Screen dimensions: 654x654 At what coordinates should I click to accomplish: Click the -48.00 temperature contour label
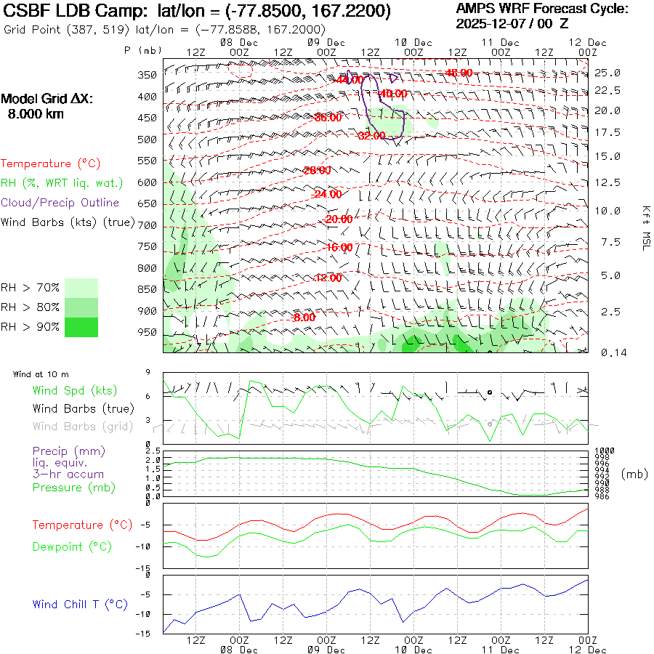click(x=459, y=73)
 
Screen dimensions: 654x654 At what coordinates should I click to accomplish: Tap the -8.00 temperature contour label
click(x=304, y=318)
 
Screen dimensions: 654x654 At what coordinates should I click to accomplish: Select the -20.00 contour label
click(x=339, y=219)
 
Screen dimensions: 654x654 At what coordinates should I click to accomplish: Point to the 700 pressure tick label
click(x=148, y=225)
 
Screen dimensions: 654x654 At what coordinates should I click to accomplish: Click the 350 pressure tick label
click(x=148, y=75)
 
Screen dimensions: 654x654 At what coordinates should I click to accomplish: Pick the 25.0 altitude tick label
click(x=607, y=73)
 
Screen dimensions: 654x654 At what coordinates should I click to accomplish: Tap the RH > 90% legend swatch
click(x=81, y=327)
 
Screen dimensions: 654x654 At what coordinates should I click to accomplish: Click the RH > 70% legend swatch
click(x=81, y=287)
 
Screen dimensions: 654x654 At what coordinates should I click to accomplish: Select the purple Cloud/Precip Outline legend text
click(x=60, y=203)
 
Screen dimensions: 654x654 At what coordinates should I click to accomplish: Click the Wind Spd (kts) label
click(x=75, y=391)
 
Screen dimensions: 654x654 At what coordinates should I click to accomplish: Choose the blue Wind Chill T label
click(x=80, y=605)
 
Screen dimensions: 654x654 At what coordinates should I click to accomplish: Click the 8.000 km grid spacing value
click(x=35, y=114)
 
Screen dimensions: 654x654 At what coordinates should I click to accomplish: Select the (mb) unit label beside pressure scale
click(x=634, y=474)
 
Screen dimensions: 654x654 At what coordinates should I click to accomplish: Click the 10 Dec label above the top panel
click(x=413, y=42)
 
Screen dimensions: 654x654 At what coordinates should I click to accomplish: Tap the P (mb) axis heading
click(x=143, y=50)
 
